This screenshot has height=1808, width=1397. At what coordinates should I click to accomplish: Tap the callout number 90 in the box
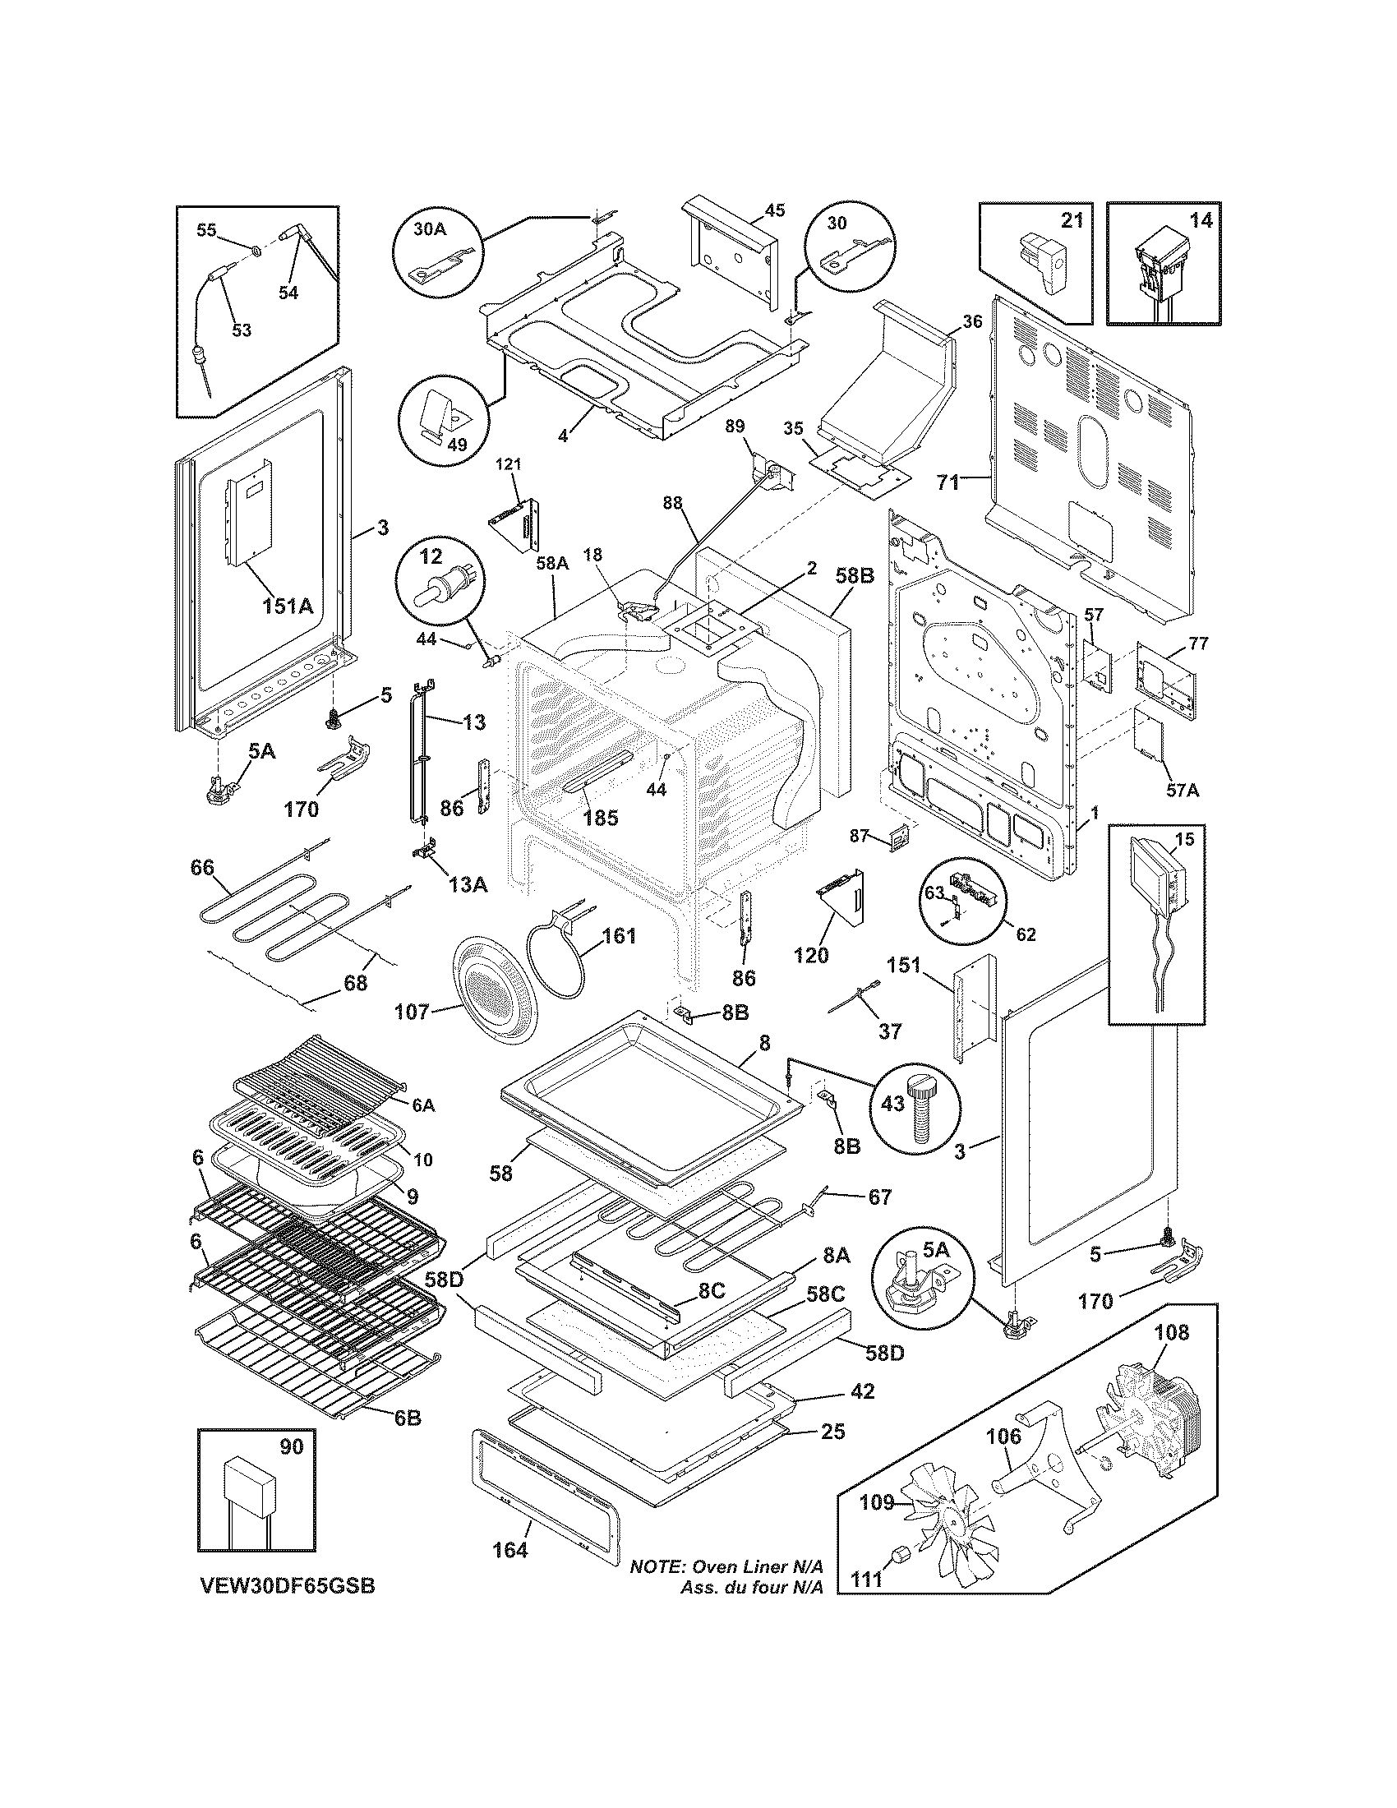tap(292, 1446)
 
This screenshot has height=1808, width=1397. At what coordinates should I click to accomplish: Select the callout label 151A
tap(287, 606)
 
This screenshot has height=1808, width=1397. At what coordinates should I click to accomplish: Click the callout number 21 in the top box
tap(1071, 220)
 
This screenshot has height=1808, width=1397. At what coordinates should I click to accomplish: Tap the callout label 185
tap(600, 818)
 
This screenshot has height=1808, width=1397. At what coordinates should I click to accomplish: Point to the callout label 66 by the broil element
tap(202, 868)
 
